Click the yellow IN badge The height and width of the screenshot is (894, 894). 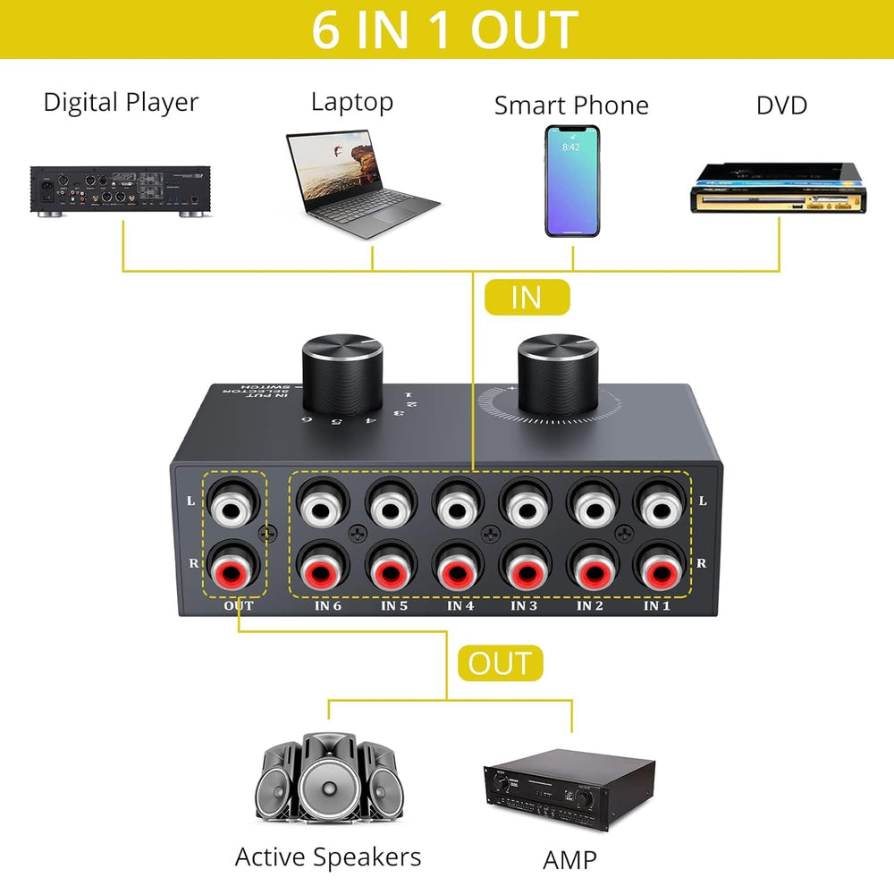pos(527,298)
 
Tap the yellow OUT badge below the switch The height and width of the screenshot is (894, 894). pos(500,663)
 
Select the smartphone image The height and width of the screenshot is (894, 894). pos(573,181)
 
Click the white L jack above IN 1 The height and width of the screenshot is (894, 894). pos(658,507)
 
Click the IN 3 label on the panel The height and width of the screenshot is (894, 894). pos(524,606)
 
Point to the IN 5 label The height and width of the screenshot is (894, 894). pos(393,606)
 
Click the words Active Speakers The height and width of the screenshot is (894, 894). pos(327,857)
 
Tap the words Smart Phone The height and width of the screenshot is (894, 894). pos(571,105)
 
